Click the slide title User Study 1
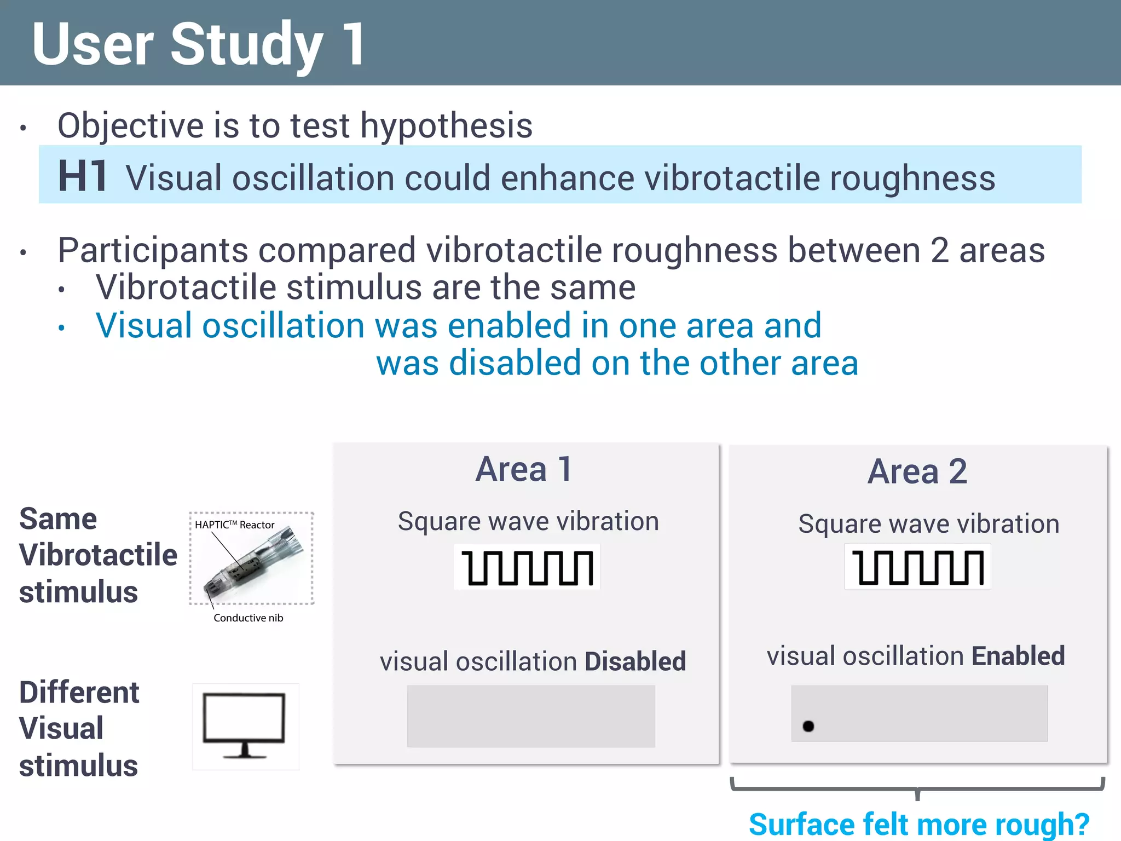click(198, 44)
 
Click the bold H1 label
click(83, 176)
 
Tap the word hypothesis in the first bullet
click(446, 126)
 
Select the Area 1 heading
click(524, 470)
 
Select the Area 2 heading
click(917, 472)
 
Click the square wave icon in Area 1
click(527, 567)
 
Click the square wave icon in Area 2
click(918, 567)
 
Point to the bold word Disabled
click(635, 661)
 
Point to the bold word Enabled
click(1018, 656)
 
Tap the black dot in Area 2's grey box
click(808, 726)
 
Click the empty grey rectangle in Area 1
click(531, 716)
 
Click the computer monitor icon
click(245, 725)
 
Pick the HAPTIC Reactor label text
click(234, 525)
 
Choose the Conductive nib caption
click(249, 618)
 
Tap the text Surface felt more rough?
click(919, 825)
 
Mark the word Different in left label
click(79, 693)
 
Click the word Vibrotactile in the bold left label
click(99, 555)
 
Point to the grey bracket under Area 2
click(917, 788)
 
